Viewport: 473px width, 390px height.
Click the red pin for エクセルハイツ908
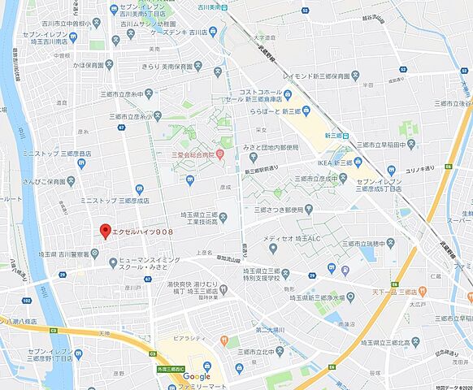(104, 231)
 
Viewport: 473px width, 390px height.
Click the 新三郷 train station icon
(345, 135)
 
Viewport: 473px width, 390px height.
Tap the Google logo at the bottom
(197, 375)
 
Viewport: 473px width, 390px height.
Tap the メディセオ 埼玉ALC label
(291, 239)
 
